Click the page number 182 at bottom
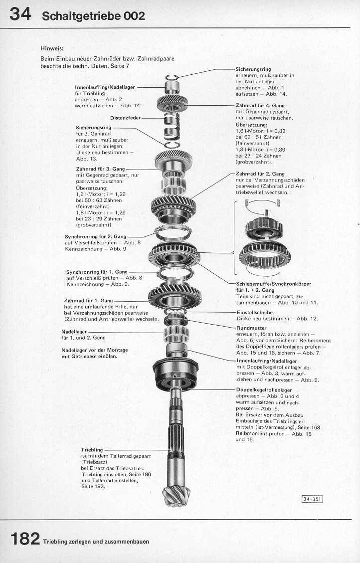(24, 539)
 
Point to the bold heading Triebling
(92, 450)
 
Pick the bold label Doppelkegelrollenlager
(264, 389)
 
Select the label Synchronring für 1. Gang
(97, 272)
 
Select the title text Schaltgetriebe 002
(94, 16)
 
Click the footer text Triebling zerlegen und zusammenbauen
(96, 542)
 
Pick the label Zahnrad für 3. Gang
(99, 169)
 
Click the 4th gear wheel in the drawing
(172, 103)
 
